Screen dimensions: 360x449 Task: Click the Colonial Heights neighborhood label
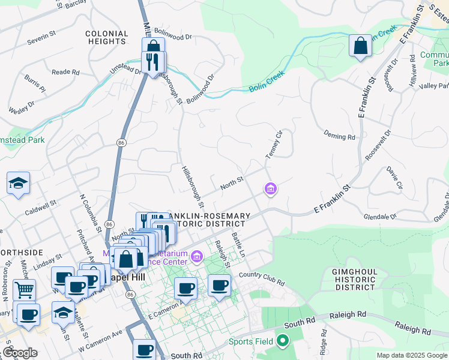(x=106, y=38)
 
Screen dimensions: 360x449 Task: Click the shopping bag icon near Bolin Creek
(x=360, y=46)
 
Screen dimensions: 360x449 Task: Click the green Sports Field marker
(x=282, y=342)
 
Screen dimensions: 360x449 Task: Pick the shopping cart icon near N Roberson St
(x=24, y=290)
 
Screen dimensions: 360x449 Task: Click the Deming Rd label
(x=339, y=136)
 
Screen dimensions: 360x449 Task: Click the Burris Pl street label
(x=35, y=83)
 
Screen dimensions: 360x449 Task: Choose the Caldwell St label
(x=40, y=209)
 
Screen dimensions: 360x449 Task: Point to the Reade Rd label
(x=65, y=72)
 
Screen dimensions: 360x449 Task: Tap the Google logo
(x=20, y=353)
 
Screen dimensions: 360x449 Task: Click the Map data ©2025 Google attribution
(x=411, y=355)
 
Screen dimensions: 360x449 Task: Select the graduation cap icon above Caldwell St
(x=19, y=182)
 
